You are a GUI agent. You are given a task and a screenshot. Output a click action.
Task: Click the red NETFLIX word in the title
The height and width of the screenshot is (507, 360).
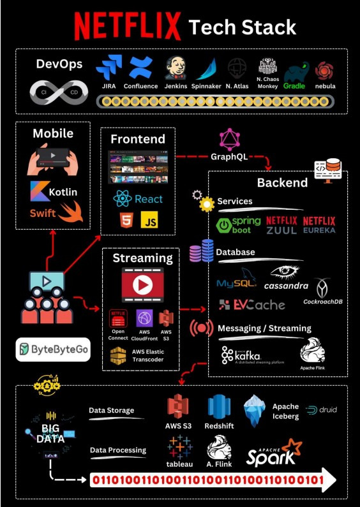pyautogui.click(x=128, y=26)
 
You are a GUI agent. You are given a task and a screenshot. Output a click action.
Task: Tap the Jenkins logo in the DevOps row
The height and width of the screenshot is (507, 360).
pyautogui.click(x=176, y=68)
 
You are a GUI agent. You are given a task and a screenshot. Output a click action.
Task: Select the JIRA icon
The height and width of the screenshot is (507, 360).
pyautogui.click(x=109, y=68)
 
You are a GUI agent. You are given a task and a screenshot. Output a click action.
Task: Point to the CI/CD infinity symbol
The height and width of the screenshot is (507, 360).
pyautogui.click(x=59, y=92)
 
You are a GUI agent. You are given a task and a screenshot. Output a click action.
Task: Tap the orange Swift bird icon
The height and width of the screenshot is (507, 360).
pyautogui.click(x=70, y=212)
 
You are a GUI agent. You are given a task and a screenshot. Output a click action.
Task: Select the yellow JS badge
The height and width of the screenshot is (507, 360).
pyautogui.click(x=149, y=220)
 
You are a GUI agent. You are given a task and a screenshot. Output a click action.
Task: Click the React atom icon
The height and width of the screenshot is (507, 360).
pyautogui.click(x=123, y=199)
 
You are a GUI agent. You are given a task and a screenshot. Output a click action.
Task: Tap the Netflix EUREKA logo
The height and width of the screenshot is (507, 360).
pyautogui.click(x=319, y=224)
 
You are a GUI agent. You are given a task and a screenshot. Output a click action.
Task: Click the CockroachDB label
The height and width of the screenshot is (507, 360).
pyautogui.click(x=322, y=300)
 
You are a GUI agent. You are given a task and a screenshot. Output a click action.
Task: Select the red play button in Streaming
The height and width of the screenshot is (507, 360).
pyautogui.click(x=142, y=284)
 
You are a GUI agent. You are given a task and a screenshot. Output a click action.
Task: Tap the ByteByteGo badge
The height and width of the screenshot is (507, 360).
pyautogui.click(x=52, y=349)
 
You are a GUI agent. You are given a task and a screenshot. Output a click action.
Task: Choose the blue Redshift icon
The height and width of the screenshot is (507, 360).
pyautogui.click(x=218, y=407)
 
